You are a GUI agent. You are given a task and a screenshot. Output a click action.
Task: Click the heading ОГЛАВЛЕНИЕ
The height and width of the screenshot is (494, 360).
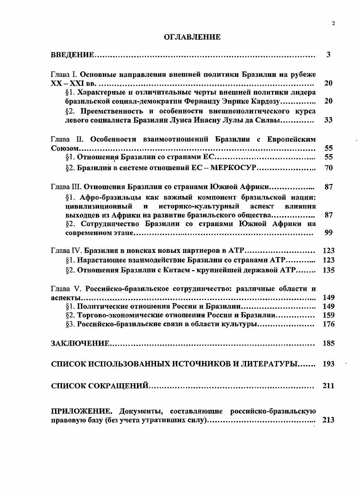point(192,37)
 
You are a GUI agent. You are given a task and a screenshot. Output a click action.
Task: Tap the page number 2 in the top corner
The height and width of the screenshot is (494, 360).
point(333,24)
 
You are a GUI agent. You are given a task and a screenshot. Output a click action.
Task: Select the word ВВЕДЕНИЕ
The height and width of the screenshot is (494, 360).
point(72,55)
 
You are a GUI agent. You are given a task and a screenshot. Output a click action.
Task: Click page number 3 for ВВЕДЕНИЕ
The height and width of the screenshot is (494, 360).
point(329,55)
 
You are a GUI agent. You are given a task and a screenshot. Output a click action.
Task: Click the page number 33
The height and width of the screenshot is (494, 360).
point(329,120)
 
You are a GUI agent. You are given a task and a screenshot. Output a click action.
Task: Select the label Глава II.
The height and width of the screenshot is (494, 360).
point(65,140)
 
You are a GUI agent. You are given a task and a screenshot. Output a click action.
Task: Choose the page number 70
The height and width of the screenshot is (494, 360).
point(329,167)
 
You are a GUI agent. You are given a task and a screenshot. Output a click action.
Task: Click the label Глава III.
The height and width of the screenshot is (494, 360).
point(66,187)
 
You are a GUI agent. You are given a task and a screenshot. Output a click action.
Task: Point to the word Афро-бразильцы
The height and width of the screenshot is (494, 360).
point(107,197)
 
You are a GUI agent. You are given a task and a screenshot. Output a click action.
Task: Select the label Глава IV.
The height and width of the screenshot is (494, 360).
point(66,251)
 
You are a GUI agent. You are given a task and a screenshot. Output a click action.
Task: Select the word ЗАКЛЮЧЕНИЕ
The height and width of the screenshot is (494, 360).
point(80,344)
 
